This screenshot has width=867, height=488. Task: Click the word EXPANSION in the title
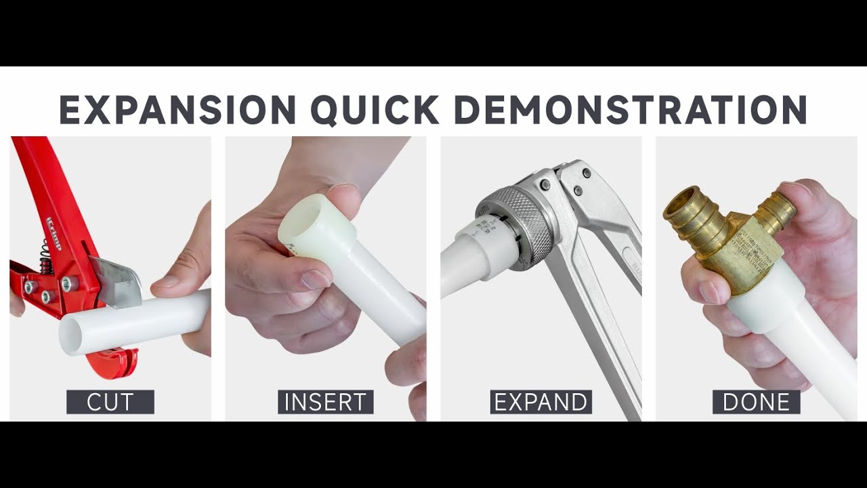coord(177,109)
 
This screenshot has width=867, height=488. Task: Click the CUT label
coord(110,402)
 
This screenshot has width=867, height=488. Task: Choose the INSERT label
coord(325,402)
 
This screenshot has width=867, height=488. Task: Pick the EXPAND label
coord(541,402)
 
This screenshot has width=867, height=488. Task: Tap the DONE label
coord(756,402)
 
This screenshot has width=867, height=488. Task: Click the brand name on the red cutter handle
coord(54,233)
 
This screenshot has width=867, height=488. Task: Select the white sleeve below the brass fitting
coord(759,298)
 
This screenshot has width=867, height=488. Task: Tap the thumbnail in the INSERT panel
coord(314,278)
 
